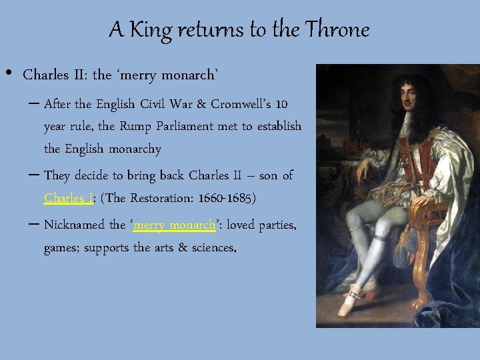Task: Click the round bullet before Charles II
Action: [x=9, y=72]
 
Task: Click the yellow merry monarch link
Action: [x=175, y=225]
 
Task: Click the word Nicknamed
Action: [x=74, y=225]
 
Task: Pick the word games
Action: [x=61, y=249]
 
